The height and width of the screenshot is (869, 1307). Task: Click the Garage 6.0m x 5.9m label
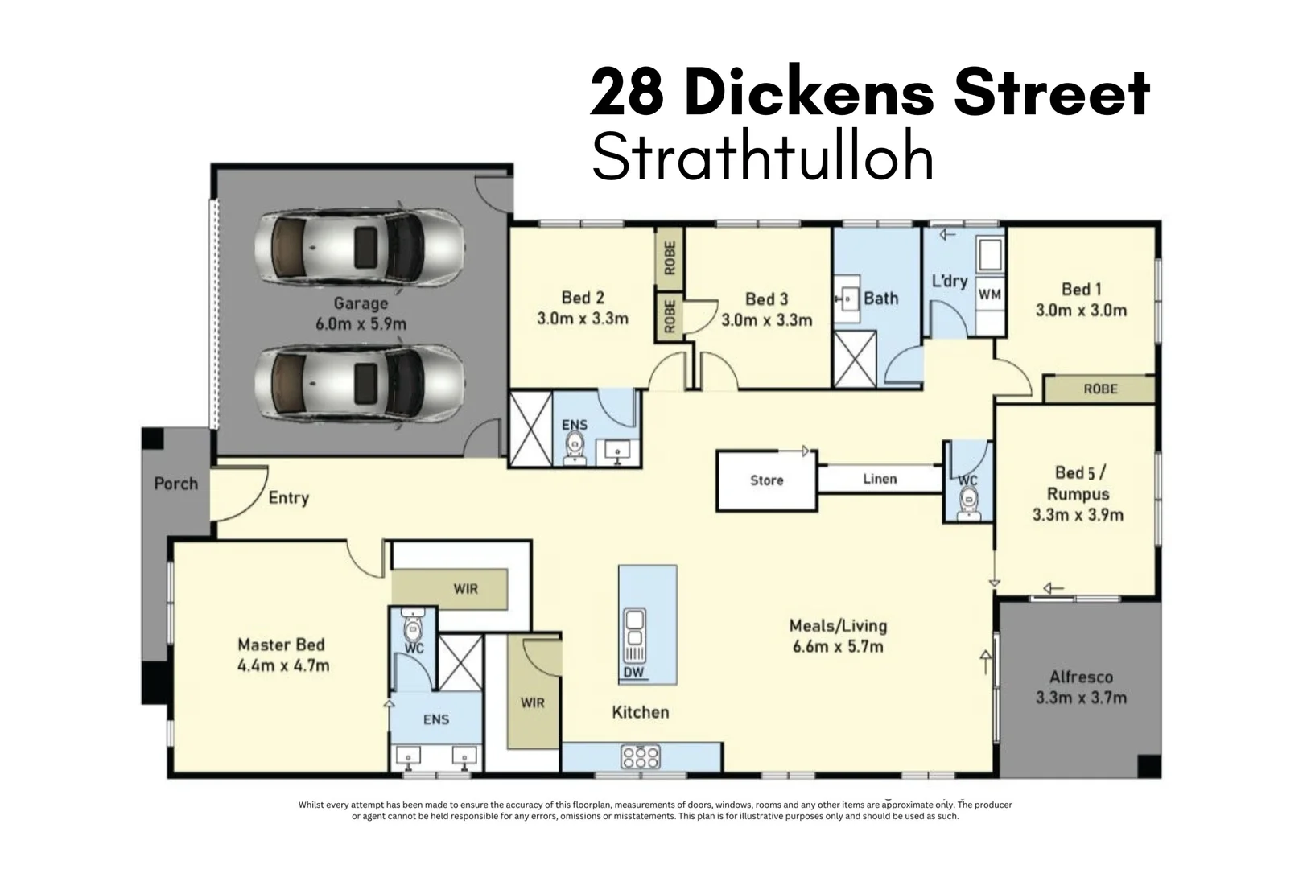point(361,314)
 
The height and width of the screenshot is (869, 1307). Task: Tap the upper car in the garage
point(360,247)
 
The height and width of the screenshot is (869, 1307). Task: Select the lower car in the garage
point(360,385)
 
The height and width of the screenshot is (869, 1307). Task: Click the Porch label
point(175,484)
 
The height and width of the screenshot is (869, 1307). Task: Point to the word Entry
point(288,497)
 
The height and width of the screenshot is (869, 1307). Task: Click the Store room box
point(767,480)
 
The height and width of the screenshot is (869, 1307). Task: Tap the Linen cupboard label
point(880,479)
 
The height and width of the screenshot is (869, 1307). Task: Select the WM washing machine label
point(990,294)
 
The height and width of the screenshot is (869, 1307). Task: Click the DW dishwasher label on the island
point(633,673)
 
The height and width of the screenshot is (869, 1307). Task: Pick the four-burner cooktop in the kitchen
point(641,756)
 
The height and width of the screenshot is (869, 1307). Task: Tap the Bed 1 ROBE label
point(1100,389)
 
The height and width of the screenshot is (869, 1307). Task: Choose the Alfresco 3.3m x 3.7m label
point(1081,688)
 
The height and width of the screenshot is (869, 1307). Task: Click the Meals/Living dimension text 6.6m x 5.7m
point(838,646)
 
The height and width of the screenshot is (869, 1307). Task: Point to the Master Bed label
point(281,645)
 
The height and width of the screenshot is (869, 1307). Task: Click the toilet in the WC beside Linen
point(969,503)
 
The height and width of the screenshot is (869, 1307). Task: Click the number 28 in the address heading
point(627,93)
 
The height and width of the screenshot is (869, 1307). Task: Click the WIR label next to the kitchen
point(532,702)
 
